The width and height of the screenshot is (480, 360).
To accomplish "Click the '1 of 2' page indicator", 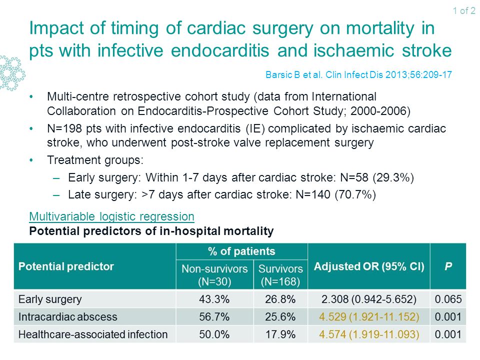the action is [464, 10].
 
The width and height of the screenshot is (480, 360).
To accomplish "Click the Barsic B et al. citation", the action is [358, 74].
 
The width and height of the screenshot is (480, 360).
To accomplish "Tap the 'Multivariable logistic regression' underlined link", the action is [111, 216].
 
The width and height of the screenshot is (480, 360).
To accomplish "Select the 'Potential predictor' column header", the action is [66, 266].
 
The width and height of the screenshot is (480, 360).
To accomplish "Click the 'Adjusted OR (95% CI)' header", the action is [369, 266].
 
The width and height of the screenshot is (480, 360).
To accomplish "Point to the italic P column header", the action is [448, 266].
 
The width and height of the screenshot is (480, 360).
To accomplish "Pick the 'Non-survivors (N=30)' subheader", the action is [214, 275].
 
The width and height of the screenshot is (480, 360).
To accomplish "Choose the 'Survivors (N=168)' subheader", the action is [280, 275].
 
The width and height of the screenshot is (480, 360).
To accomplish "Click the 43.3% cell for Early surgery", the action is [214, 299].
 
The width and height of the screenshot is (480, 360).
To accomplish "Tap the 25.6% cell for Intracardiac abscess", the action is [280, 316].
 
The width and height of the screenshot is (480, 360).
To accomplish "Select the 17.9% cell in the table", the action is [280, 334].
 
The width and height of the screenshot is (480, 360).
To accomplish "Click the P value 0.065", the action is [448, 299].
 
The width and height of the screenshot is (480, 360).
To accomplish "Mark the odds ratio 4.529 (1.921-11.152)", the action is [369, 316].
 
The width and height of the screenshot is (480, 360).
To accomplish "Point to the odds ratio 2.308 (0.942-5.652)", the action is [369, 299].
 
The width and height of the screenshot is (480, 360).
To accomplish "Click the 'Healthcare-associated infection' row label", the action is [93, 334].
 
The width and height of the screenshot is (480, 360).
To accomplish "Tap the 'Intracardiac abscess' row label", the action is [67, 316].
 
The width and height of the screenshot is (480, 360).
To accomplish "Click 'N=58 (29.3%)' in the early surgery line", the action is [377, 177].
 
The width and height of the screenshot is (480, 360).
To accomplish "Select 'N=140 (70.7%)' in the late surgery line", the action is [336, 194].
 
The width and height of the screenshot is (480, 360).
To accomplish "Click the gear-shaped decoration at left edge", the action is [11, 73].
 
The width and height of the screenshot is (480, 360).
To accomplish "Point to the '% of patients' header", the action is [241, 251].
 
